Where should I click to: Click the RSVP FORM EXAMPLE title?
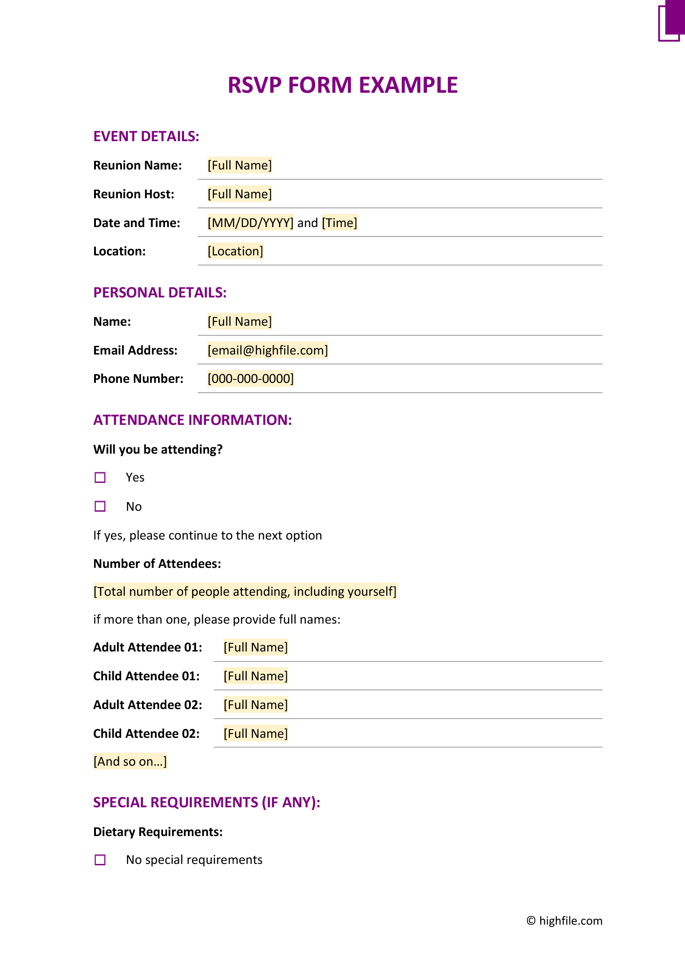tap(342, 85)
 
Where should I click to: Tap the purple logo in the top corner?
tap(671, 22)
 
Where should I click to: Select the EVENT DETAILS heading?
tap(146, 137)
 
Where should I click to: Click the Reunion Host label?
tap(134, 194)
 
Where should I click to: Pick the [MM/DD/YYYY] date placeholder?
tap(250, 223)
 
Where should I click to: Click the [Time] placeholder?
tap(339, 223)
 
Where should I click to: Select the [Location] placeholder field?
tap(235, 251)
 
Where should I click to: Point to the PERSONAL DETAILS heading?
tap(160, 293)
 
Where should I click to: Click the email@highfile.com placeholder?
tap(268, 350)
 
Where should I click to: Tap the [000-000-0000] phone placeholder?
tap(250, 379)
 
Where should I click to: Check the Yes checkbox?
tap(100, 477)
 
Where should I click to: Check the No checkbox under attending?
tap(100, 506)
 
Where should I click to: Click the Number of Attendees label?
tap(157, 564)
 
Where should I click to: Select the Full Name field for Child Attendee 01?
tap(255, 676)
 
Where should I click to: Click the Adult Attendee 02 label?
tap(148, 705)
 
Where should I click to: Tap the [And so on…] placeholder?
tap(130, 762)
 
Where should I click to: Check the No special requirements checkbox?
tap(100, 860)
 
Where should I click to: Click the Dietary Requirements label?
tap(158, 832)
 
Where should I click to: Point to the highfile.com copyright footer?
tap(564, 921)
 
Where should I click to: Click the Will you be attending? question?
tap(158, 450)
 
